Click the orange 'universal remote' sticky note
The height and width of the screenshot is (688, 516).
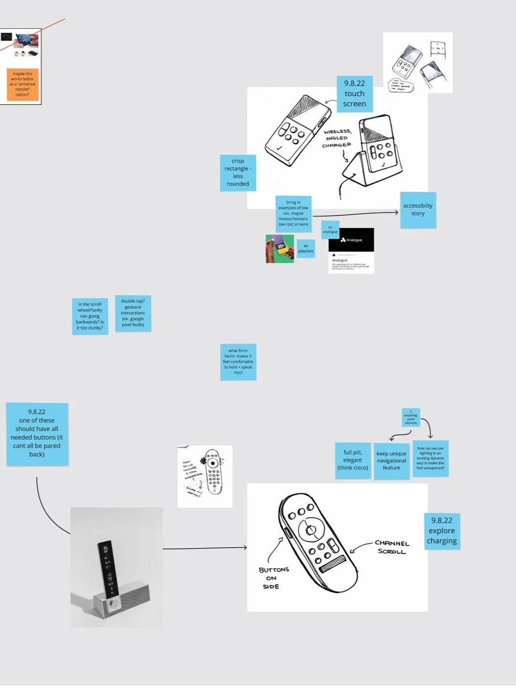pos(23,84)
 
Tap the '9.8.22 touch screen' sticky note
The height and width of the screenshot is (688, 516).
pos(354,94)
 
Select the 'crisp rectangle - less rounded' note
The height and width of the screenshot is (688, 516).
pos(237,172)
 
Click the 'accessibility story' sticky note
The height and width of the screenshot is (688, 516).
pos(418,210)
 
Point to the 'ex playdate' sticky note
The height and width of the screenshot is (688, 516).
pos(305,249)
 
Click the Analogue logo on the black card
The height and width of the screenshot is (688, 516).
pos(343,240)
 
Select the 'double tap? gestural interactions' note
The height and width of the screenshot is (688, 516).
pos(133,313)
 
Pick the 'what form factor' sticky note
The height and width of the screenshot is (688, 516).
pos(238,362)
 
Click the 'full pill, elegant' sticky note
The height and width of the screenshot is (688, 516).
pos(352,460)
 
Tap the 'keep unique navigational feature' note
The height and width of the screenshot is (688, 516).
pos(391,461)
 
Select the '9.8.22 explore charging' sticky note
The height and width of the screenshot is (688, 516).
pos(442,531)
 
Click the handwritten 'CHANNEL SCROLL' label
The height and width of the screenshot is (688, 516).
pos(392,547)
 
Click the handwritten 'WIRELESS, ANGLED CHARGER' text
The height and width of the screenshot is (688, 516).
pos(337,138)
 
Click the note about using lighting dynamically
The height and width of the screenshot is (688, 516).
pos(430,458)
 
